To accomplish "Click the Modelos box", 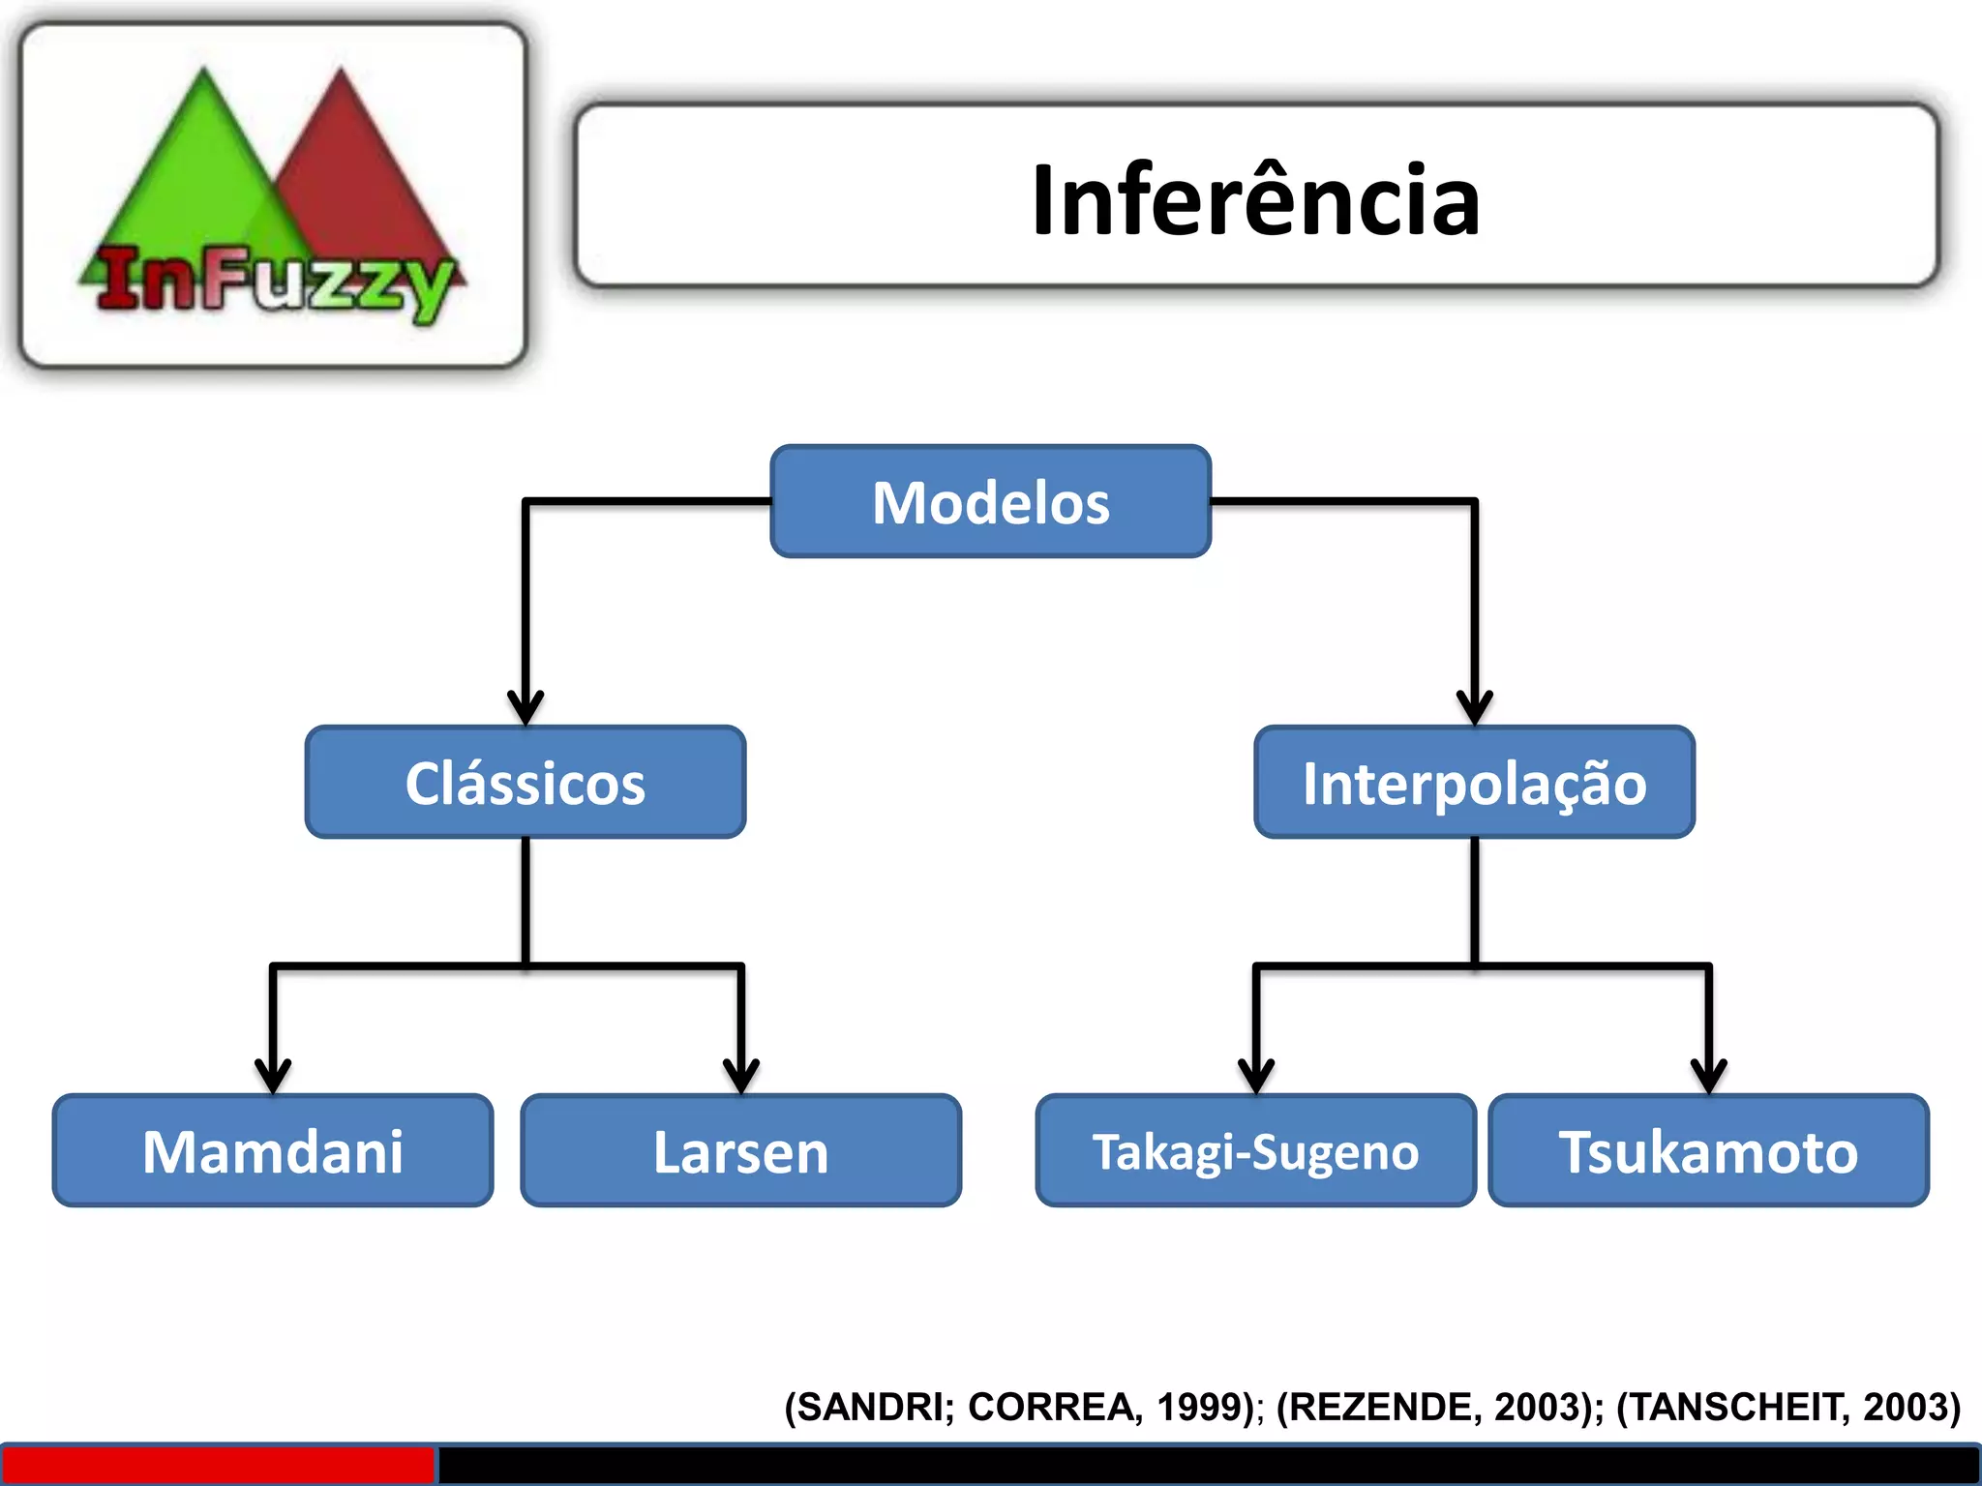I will (x=990, y=502).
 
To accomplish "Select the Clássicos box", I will (x=526, y=782).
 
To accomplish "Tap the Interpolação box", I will (x=1474, y=782).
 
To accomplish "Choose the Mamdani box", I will (x=273, y=1151).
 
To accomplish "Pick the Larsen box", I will (x=741, y=1151).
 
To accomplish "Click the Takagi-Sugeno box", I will (x=1255, y=1151).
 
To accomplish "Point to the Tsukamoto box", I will (x=1708, y=1151).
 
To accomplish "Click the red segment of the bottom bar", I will (x=218, y=1465).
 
